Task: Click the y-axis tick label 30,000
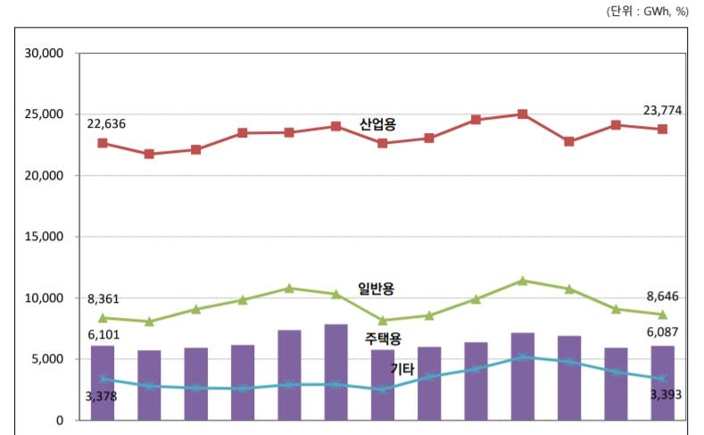[45, 54]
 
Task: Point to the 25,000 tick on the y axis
[45, 114]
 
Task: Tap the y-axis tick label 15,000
[45, 237]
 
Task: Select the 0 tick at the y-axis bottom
[58, 420]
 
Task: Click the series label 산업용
[377, 124]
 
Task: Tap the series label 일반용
[376, 288]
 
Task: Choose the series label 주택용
[383, 339]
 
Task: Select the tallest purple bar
[335, 372]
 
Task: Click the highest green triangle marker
[522, 280]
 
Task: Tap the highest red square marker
[522, 114]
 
